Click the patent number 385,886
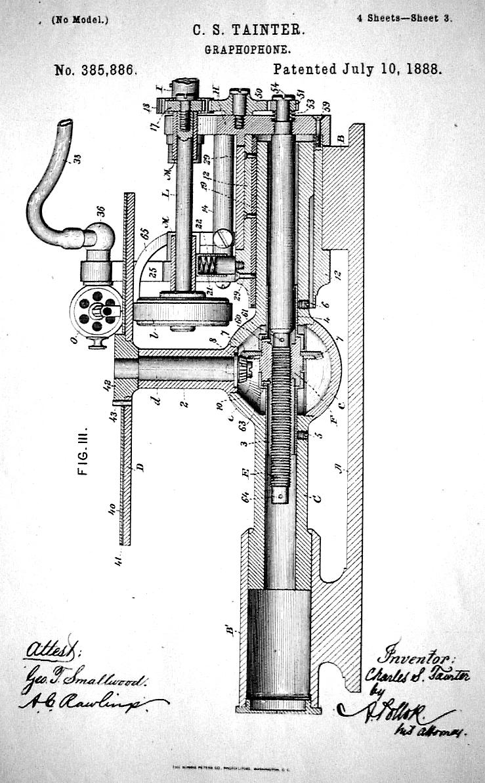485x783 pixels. point(95,70)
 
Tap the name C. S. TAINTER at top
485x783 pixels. point(248,30)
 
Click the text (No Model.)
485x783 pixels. point(79,19)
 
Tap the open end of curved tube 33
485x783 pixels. point(64,125)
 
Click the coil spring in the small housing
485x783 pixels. point(207,266)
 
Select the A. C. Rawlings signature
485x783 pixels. point(82,704)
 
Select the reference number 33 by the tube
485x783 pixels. point(77,158)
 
